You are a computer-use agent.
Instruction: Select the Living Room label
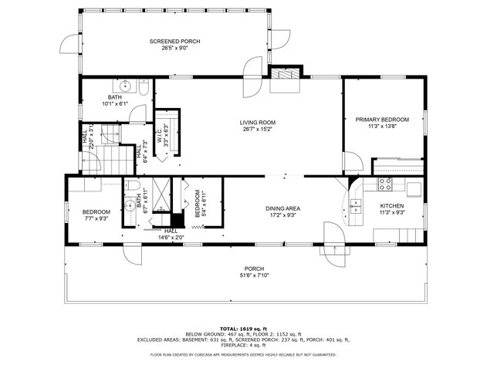(257, 122)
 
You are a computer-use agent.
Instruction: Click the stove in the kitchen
(386, 184)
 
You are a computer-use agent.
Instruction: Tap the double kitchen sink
(357, 205)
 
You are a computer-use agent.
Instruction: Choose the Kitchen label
(391, 206)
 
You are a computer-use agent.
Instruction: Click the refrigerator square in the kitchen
(414, 188)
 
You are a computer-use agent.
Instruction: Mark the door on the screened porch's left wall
(70, 43)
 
